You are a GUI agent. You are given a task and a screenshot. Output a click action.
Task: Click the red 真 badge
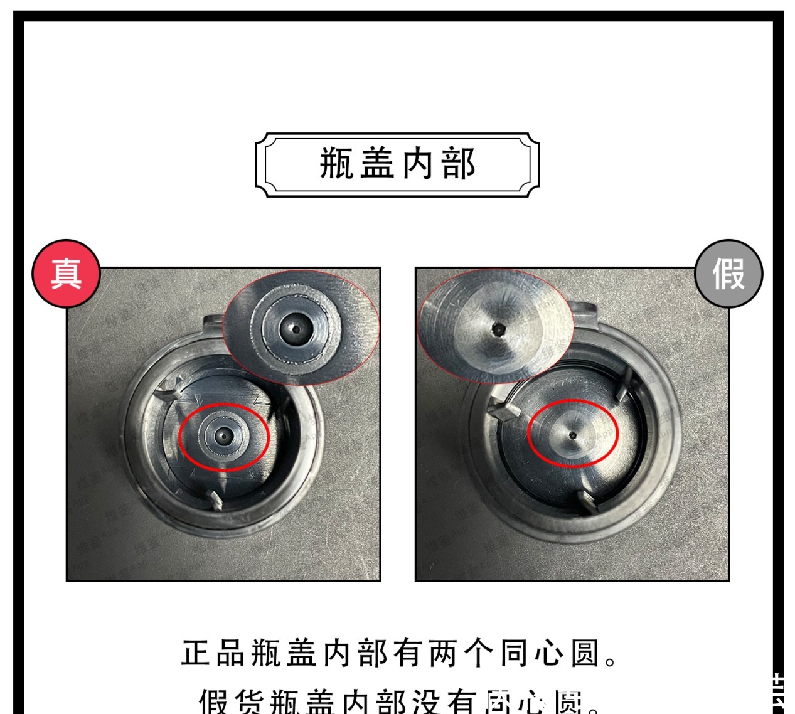coord(66,274)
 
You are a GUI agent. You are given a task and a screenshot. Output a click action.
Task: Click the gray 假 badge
coord(728,274)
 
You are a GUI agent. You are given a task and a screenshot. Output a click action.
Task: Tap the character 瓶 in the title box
coord(338,164)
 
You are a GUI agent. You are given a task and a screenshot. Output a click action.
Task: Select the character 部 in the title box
coord(458,164)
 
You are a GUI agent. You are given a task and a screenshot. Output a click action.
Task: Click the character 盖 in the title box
coord(378,164)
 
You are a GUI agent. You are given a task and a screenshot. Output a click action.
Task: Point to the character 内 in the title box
coord(418,164)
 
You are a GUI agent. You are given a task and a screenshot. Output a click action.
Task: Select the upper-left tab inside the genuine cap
coord(169,393)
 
